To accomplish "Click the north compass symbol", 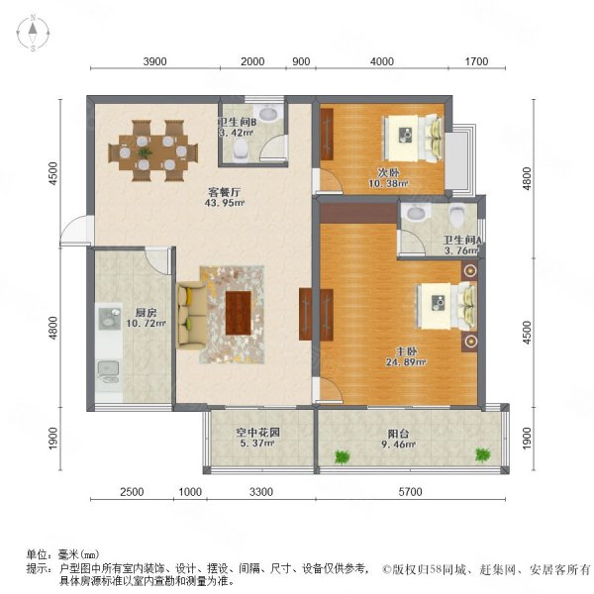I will pyautogui.click(x=33, y=34).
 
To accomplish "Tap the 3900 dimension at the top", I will pyautogui.click(x=154, y=61).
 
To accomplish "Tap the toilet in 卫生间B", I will pyautogui.click(x=243, y=149).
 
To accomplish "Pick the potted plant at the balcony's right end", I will pyautogui.click(x=482, y=454).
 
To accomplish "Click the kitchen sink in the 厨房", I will pyautogui.click(x=108, y=372).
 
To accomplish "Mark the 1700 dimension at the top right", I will pyautogui.click(x=477, y=61).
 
